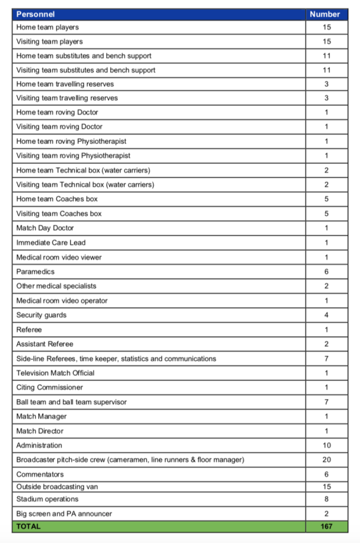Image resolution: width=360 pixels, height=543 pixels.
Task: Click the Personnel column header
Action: click(x=35, y=14)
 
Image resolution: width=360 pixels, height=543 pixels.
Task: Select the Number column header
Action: click(x=326, y=14)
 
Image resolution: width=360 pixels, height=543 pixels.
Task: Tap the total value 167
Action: click(x=326, y=526)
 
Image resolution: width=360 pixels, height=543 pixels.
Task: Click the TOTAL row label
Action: click(x=28, y=526)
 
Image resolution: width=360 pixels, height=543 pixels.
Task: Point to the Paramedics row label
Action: click(x=35, y=272)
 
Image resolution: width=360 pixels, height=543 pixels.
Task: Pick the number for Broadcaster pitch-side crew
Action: click(x=326, y=460)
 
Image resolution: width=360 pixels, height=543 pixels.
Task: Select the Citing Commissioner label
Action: click(x=50, y=387)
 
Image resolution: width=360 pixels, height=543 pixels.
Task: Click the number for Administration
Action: click(x=326, y=446)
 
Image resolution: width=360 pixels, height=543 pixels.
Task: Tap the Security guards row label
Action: click(x=42, y=315)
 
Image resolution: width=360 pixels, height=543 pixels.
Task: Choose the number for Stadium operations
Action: click(x=326, y=499)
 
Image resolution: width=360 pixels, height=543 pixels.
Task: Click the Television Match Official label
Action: click(x=55, y=373)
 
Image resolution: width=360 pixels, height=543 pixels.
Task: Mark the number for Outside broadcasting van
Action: click(x=326, y=487)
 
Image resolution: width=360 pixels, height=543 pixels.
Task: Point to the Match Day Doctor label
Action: click(x=45, y=228)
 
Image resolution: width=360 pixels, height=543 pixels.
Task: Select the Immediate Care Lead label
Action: click(x=51, y=242)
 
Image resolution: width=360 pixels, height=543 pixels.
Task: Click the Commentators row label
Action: click(x=40, y=474)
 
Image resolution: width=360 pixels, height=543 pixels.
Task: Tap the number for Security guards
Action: click(x=326, y=315)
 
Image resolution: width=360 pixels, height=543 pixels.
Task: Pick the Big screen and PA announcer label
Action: click(x=64, y=514)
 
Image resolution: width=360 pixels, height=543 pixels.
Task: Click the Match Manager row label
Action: click(x=42, y=416)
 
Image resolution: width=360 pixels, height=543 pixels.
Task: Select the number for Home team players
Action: click(x=326, y=27)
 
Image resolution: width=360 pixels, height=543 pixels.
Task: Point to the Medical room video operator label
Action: click(x=62, y=301)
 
